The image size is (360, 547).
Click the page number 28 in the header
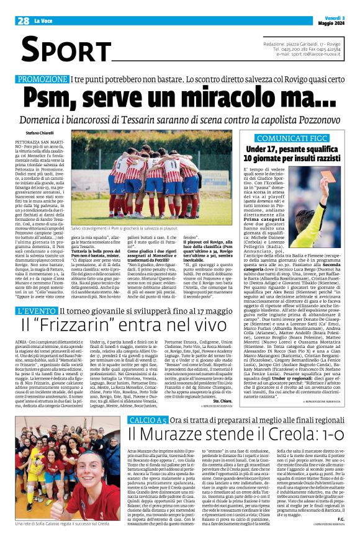pyautogui.click(x=24, y=21)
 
